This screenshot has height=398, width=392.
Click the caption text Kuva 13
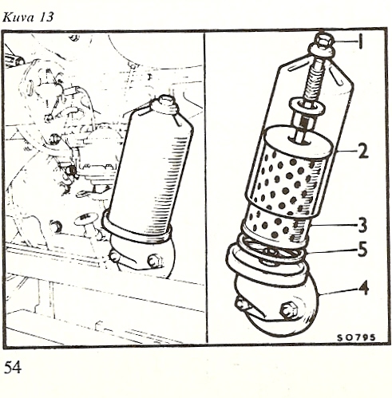[x=28, y=18]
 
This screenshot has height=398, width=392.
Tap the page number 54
[x=12, y=368]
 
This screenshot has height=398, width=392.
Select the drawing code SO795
[x=356, y=337]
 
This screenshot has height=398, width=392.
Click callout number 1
[x=360, y=42]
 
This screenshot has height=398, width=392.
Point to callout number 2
[x=363, y=152]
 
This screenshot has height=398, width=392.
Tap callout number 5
[x=362, y=250]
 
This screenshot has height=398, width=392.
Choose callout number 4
[x=362, y=289]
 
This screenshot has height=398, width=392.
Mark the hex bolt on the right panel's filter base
[x=289, y=309]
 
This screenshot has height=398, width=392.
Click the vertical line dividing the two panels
[x=205, y=188]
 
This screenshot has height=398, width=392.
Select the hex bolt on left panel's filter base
[x=155, y=261]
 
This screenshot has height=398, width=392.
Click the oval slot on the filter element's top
[x=299, y=140]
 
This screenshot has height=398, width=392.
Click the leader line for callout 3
[x=334, y=226]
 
